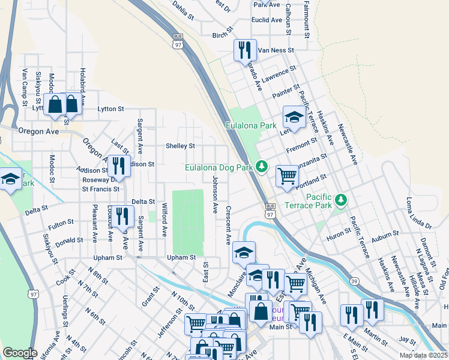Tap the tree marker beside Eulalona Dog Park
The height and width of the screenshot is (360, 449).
pos(261,167)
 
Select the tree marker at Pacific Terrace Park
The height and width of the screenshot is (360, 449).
pos(341,199)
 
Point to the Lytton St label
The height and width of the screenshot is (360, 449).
pos(110,109)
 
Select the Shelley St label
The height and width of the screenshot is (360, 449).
pos(180,146)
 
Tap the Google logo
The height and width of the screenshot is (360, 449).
pos(20,352)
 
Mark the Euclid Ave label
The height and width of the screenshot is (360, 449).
pos(267,20)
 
